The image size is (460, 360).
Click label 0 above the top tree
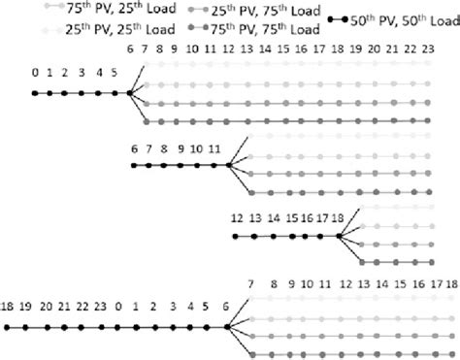pos(34,71)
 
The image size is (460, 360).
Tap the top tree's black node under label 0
pos(34,93)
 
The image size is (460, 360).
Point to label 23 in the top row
pos(441,48)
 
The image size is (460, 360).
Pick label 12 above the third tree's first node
pos(235,218)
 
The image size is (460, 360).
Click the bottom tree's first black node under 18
pos(7,327)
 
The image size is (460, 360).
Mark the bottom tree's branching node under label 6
pos(226,327)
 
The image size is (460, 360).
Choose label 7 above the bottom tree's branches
pos(250,283)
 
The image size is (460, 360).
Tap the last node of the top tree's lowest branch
pos(441,122)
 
